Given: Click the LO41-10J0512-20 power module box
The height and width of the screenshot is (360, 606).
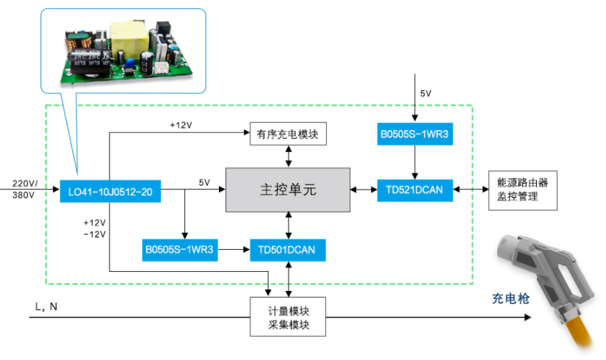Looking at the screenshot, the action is tap(110, 191).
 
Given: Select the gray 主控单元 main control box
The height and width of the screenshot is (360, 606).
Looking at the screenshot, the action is tap(288, 190).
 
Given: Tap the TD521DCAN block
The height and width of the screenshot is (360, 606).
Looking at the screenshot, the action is tap(415, 190).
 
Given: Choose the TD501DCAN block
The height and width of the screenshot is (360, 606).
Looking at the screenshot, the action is tap(287, 250).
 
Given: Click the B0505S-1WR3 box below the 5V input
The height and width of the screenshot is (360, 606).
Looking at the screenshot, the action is tap(415, 134).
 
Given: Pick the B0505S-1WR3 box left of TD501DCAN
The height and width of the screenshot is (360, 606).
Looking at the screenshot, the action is tap(180, 250).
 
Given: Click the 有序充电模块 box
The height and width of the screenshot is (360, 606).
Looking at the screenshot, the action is tap(288, 134).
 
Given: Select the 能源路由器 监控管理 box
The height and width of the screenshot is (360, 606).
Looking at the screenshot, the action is tap(522, 190).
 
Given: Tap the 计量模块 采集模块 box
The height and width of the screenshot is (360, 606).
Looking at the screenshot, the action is tap(287, 317).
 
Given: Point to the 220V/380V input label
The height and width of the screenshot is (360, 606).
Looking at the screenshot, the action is tap(24, 189).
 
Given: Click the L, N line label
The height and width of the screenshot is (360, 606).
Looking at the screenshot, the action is tap(46, 307).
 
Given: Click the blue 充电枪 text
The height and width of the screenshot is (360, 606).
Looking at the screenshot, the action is tap(511, 298).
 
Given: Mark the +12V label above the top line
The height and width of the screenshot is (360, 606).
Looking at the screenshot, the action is tap(181, 126).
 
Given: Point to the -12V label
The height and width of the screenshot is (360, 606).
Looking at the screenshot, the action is tap(95, 234).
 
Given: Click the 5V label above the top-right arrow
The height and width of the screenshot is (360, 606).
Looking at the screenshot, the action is tap(425, 93).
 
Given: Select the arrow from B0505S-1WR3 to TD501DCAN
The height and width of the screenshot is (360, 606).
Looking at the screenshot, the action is tap(234, 250).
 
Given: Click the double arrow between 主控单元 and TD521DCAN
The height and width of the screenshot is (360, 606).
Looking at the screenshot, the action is tap(364, 190).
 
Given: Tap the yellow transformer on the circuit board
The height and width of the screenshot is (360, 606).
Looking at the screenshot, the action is tap(130, 36).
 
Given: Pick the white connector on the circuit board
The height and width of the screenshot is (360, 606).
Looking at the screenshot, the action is tap(162, 68).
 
